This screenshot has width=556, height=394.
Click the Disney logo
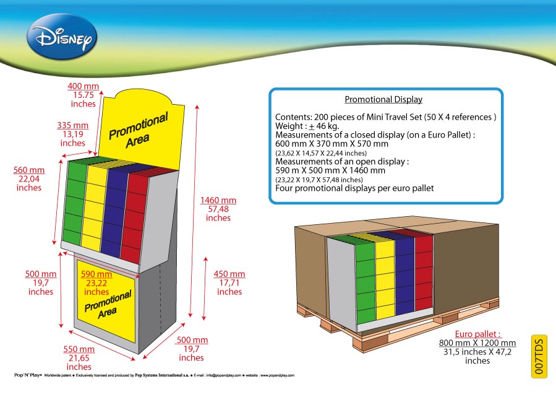click(x=62, y=36)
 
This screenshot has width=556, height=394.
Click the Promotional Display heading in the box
click(x=383, y=100)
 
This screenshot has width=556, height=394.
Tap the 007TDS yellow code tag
click(x=539, y=356)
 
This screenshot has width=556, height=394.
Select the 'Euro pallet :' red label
click(x=477, y=334)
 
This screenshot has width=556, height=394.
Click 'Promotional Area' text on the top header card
click(x=139, y=129)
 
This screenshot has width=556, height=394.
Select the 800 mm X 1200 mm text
click(x=477, y=343)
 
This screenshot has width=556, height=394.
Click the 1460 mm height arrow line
click(x=194, y=211)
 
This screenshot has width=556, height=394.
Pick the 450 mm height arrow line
click(x=205, y=289)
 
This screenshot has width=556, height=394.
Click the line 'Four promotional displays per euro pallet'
click(x=354, y=188)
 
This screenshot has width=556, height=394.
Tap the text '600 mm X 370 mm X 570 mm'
click(x=331, y=144)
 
